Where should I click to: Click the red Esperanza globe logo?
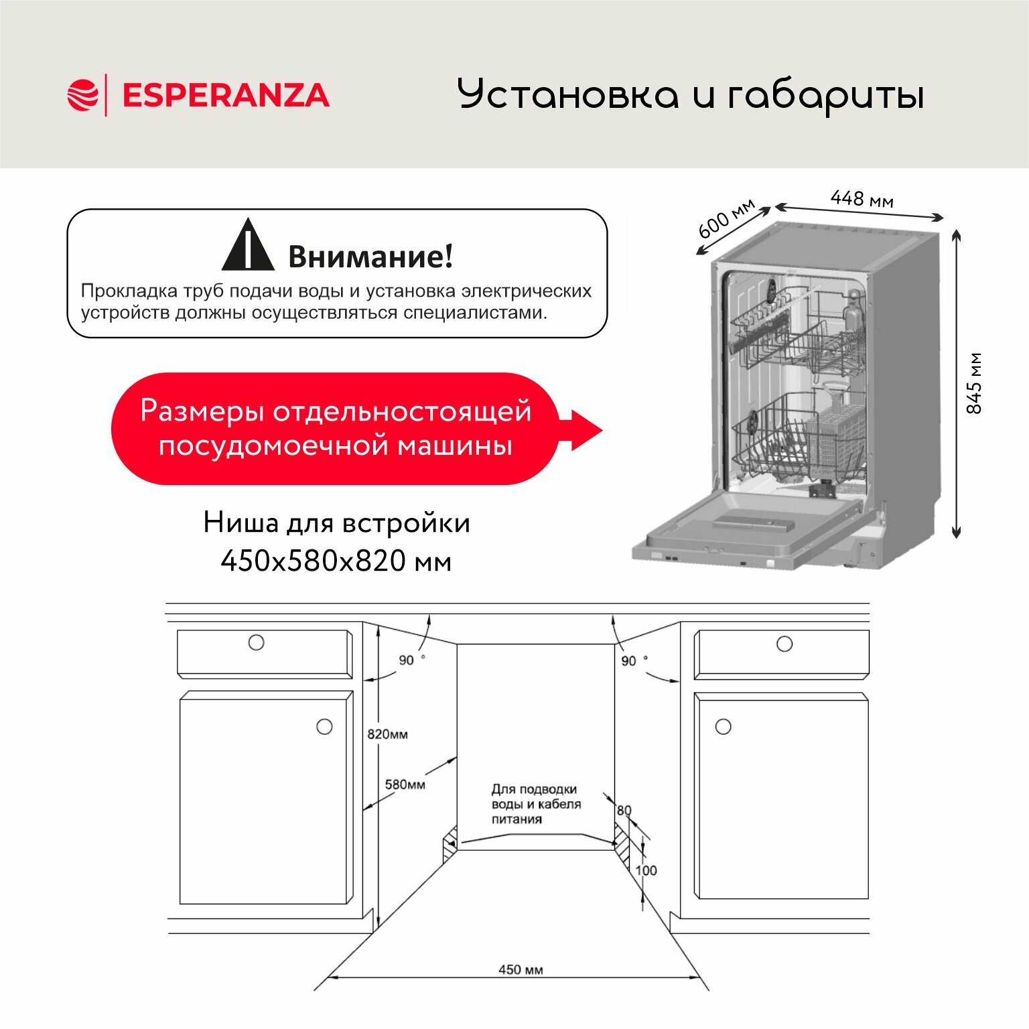point(82,94)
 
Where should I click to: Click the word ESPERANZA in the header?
point(226,95)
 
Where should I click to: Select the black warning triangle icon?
point(248,246)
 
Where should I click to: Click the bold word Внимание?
point(370,256)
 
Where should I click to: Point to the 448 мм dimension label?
point(862,198)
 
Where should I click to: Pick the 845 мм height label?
point(974,383)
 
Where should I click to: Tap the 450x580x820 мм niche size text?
point(336,561)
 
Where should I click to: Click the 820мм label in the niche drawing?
point(387,734)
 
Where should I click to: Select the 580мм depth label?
point(405,784)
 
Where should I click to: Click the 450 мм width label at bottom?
point(521,969)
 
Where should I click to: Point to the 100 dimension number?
point(646,870)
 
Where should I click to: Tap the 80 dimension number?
point(624,811)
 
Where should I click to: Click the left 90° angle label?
point(408,660)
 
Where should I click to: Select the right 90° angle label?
point(630,661)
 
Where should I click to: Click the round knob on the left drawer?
point(256,642)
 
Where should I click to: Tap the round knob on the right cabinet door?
point(723,726)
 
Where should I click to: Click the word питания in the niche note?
point(517,819)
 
